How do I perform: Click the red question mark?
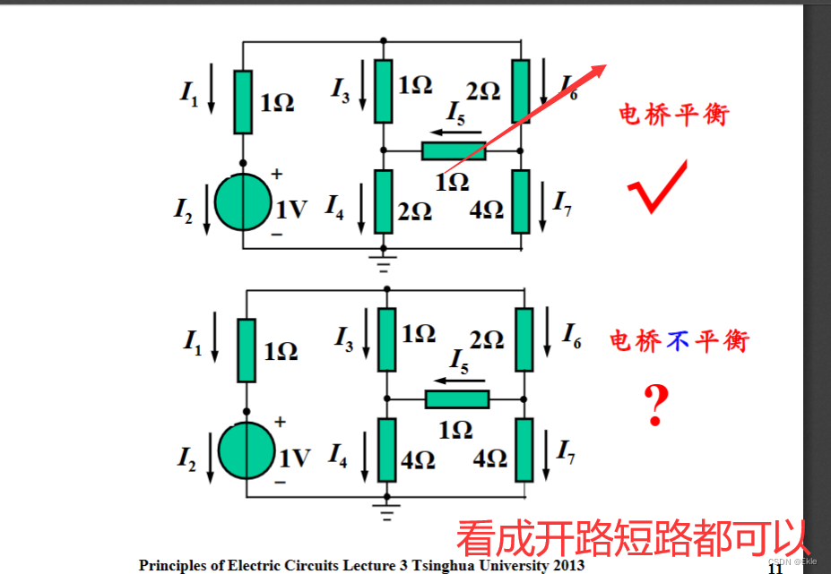656,406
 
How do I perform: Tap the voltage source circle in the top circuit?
243,203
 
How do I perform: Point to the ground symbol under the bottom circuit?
387,511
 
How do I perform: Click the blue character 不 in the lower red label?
674,340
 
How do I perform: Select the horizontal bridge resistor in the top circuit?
453,151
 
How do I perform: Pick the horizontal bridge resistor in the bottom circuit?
456,399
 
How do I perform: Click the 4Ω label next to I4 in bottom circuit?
418,459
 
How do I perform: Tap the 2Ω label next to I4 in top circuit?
414,211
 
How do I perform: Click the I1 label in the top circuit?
189,93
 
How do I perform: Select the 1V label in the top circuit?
291,210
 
